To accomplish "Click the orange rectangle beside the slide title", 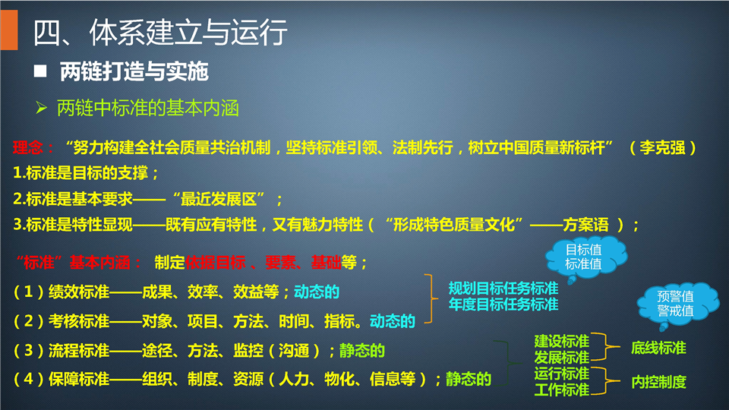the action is click(x=9, y=30).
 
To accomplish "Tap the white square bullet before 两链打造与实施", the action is click(x=40, y=71).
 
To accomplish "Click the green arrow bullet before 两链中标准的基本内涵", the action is click(x=41, y=109).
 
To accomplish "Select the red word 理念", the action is click(x=27, y=148).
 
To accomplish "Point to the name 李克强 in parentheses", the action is click(x=662, y=148).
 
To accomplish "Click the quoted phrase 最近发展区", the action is click(x=219, y=200).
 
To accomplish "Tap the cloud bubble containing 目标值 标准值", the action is click(x=585, y=258).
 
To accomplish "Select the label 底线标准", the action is click(x=658, y=348).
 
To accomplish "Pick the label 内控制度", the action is click(x=658, y=382).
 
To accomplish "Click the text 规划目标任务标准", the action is click(x=503, y=289).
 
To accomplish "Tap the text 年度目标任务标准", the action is click(x=503, y=304).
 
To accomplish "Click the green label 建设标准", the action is click(x=562, y=341).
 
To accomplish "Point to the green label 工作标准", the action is click(x=562, y=389).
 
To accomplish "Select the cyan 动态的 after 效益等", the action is click(x=317, y=292).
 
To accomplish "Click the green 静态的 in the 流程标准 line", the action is click(x=362, y=351).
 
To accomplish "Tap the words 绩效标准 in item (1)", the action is click(x=79, y=292).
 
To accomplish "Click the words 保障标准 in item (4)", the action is click(x=79, y=380).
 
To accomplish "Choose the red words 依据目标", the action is click(x=215, y=263).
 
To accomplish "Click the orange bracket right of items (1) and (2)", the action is click(x=431, y=298).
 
